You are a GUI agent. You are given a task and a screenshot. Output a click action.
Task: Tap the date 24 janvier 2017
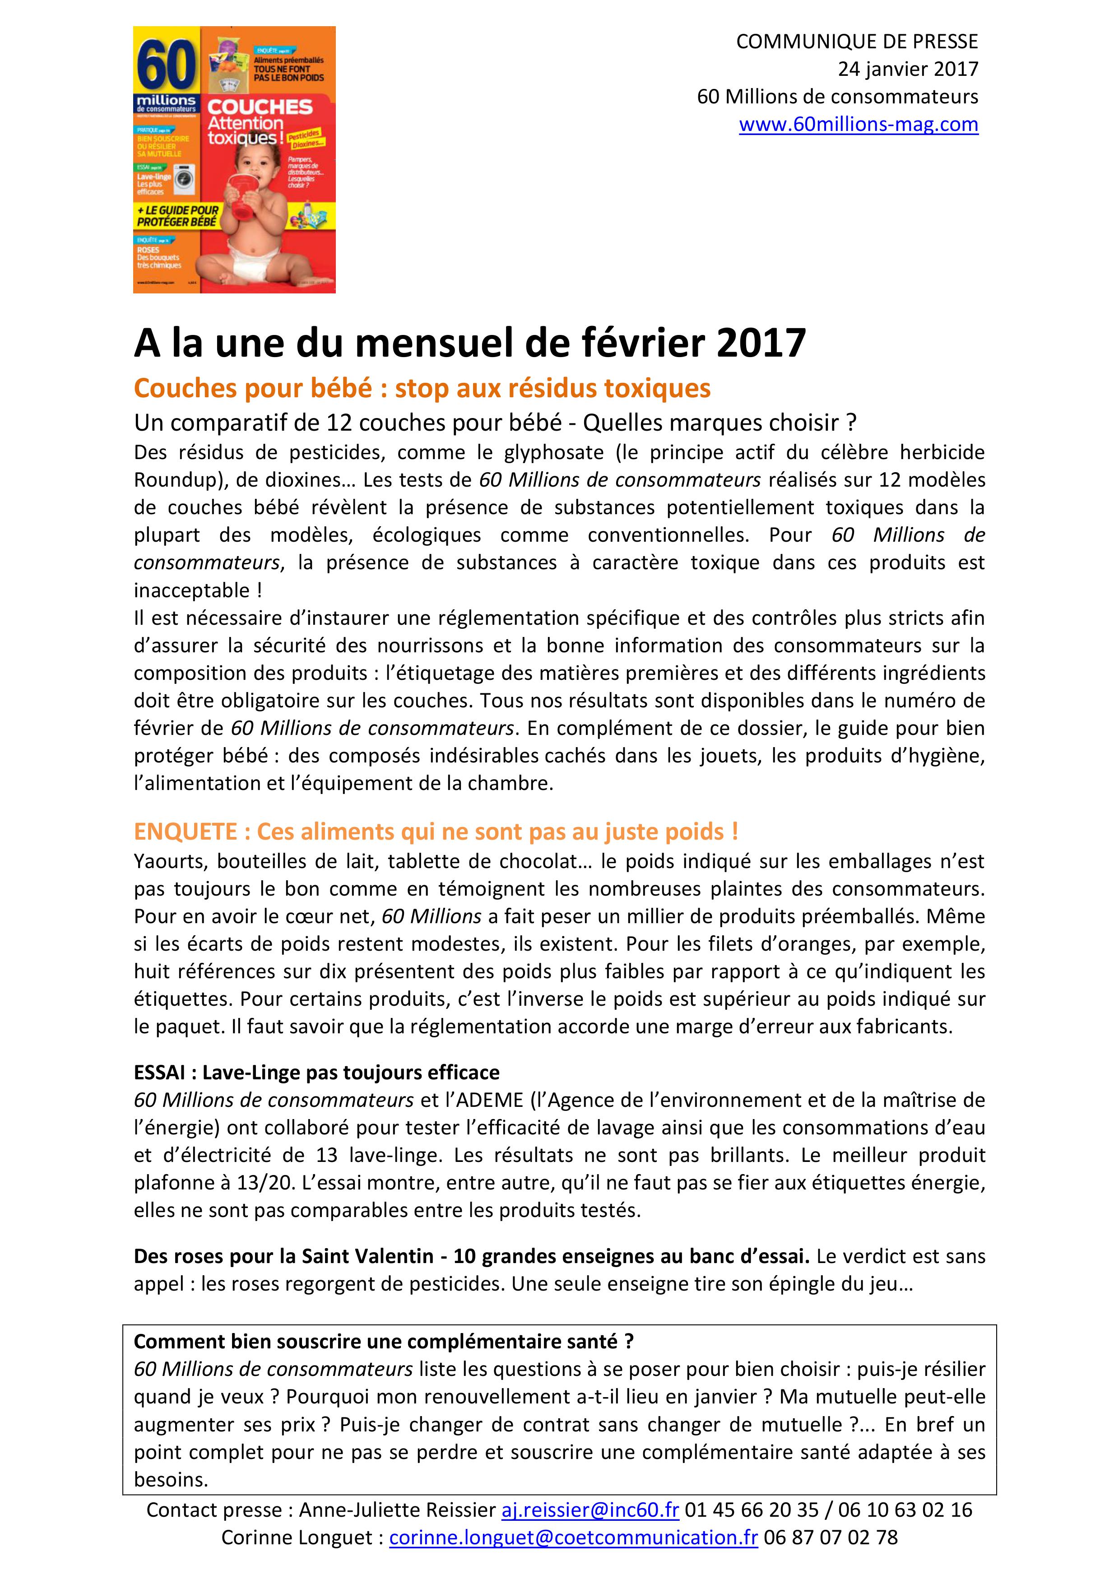tap(908, 69)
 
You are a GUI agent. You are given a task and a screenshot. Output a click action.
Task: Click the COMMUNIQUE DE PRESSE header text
tap(857, 42)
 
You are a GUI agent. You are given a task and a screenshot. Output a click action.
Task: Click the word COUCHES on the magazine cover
tap(260, 107)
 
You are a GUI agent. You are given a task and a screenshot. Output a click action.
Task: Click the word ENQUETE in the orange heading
tap(186, 831)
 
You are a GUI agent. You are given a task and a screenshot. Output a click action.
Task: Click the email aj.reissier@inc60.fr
tap(590, 1510)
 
